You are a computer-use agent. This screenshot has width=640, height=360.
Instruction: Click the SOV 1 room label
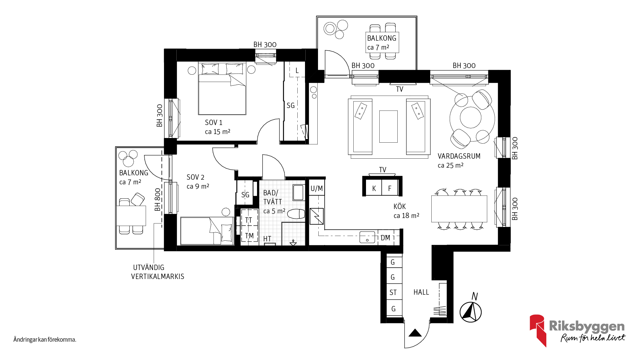coord(214,123)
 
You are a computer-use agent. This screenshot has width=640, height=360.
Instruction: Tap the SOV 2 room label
coord(195,177)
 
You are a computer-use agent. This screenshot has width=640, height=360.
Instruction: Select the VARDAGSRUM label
coord(459,156)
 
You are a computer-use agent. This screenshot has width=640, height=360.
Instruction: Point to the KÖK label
coord(400,206)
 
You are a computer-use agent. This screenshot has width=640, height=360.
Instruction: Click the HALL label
coord(421,292)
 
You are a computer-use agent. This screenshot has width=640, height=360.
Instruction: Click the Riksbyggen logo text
coord(587,326)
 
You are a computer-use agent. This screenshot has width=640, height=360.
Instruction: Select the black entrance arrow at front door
coord(415,333)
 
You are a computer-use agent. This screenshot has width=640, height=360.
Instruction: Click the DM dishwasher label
coord(385,238)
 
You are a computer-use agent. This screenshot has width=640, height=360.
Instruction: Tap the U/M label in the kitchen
coord(317,189)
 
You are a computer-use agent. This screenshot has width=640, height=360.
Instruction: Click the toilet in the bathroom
coord(296,214)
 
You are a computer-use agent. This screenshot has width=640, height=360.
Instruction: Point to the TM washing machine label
coord(249,236)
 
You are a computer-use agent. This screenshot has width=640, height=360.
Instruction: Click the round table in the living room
coord(471,118)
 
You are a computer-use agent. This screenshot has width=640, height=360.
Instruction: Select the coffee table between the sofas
coord(388,127)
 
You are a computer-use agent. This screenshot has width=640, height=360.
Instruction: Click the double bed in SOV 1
coord(222,88)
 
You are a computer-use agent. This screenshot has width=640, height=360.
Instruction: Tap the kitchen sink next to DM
coord(367,237)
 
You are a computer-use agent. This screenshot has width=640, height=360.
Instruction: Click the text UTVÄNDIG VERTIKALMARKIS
coord(158,272)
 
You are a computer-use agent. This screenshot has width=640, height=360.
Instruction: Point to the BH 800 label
coord(158,200)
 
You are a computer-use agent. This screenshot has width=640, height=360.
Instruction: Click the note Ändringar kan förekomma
coord(45,340)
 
